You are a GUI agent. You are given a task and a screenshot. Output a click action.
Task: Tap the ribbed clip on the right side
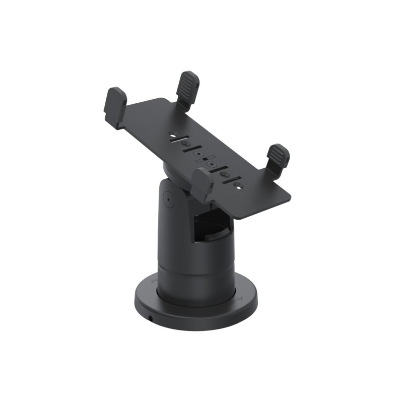(x=278, y=156)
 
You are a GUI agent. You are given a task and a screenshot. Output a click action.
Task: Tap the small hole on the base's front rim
(x=151, y=319)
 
